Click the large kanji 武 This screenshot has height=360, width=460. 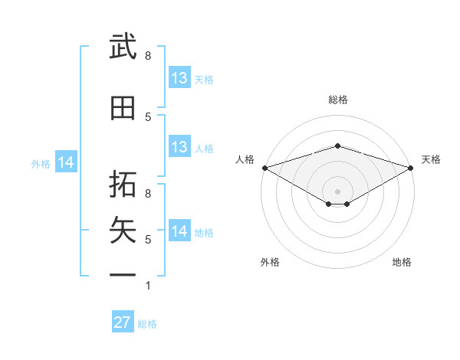(x=123, y=46)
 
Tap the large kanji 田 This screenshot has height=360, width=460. (x=123, y=108)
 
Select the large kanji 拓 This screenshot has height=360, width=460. (x=123, y=184)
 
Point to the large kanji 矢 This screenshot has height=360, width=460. (x=123, y=230)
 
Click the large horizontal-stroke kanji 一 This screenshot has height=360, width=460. (x=123, y=275)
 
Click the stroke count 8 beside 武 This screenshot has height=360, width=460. (x=148, y=56)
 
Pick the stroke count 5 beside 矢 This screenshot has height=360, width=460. (x=148, y=240)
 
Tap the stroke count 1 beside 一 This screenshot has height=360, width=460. (x=148, y=286)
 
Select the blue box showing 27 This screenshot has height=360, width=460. (x=123, y=321)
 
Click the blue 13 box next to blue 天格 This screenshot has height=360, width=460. (x=180, y=77)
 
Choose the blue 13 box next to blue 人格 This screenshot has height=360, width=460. (x=180, y=146)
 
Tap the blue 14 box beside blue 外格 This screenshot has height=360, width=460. (x=66, y=162)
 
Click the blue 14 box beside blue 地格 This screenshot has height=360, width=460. (x=180, y=230)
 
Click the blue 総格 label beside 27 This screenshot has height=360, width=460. (x=147, y=324)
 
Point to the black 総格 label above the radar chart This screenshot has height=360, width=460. (x=338, y=100)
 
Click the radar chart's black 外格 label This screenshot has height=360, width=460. (x=270, y=262)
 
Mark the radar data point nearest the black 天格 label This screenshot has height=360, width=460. (x=411, y=168)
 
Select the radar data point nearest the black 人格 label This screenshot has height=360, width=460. (x=265, y=168)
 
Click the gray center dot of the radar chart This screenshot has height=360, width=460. (x=337, y=191)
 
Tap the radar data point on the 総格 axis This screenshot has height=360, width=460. (x=337, y=146)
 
